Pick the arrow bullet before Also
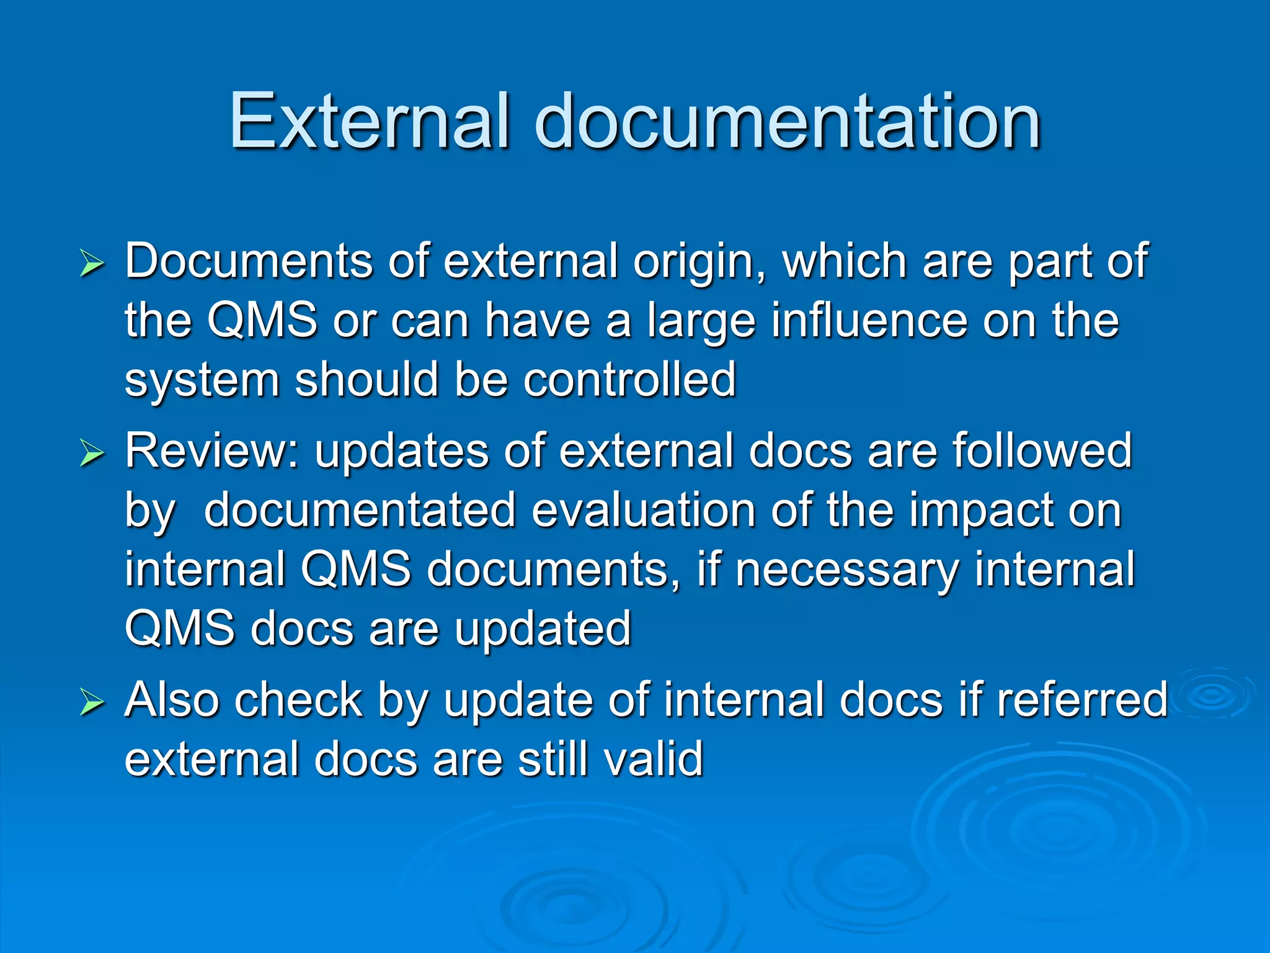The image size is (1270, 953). click(x=92, y=704)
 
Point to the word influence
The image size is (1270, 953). click(x=869, y=321)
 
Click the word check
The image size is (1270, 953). click(x=298, y=700)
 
